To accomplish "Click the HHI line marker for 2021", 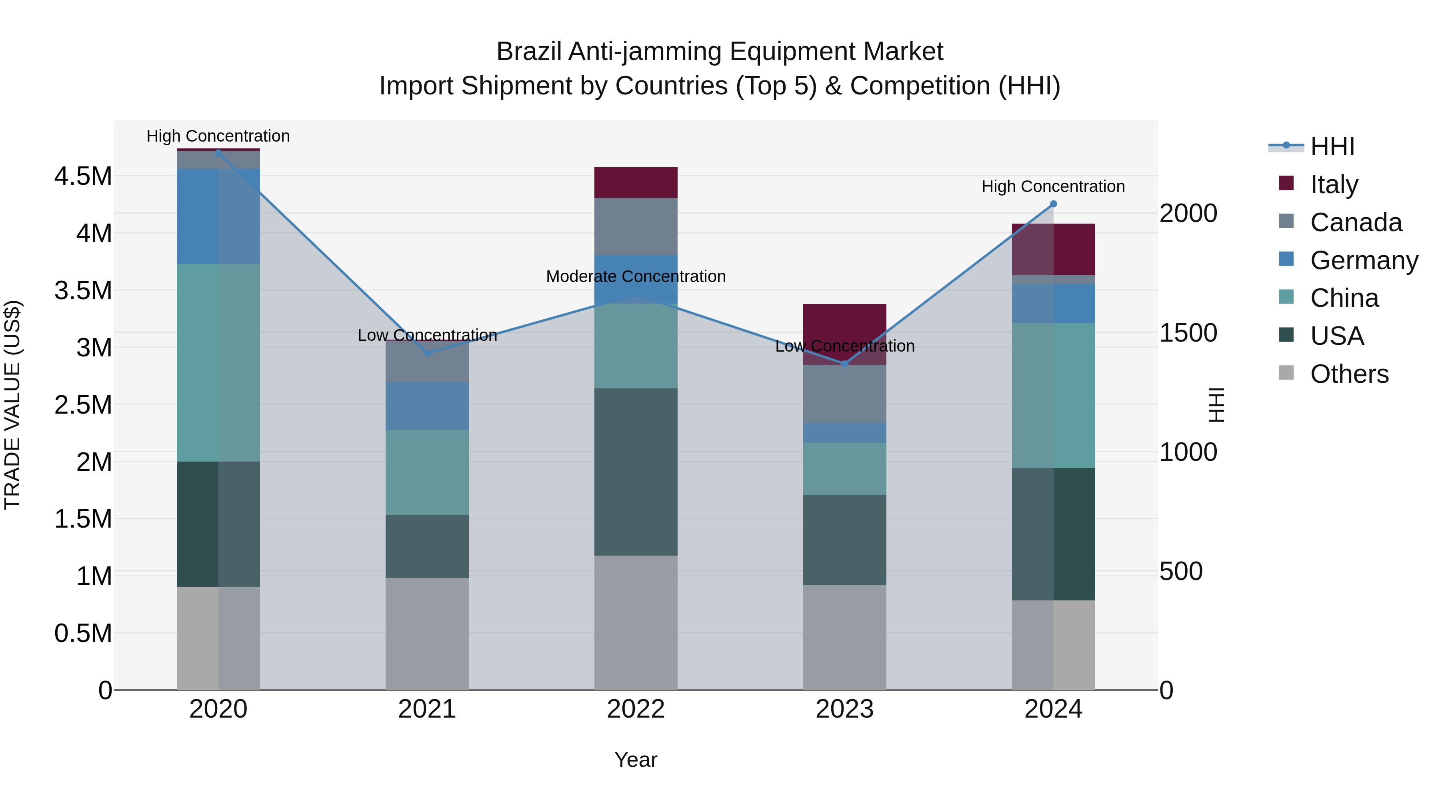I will pos(427,353).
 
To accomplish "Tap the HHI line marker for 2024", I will pos(1053,204).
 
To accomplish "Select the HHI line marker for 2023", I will pos(845,364).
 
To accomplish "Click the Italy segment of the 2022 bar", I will pos(636,182).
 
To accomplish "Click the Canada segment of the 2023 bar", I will pos(845,394).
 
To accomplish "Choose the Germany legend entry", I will pos(1364,260).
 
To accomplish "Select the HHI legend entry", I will pos(1332,146).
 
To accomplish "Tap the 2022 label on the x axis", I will pos(636,709).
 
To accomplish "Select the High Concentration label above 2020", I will pos(218,136).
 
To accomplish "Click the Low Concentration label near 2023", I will pos(845,346).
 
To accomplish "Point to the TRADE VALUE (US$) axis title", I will pos(12,405).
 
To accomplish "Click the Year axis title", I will pos(636,760).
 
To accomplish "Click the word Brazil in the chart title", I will pos(529,52).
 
